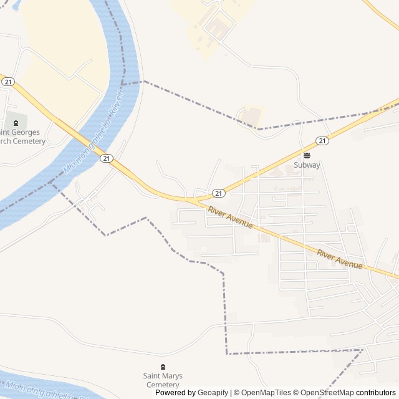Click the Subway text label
click(307, 165)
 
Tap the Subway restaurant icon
click(307, 155)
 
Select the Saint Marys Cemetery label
click(163, 380)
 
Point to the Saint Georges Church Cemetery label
click(22, 137)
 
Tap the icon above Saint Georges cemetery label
click(16, 122)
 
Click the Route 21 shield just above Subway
click(322, 141)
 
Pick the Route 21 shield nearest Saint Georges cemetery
click(7, 81)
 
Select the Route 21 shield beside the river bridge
click(107, 159)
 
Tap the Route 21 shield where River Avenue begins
click(218, 193)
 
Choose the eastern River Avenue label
click(340, 259)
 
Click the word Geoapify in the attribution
click(213, 393)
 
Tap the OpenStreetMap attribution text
click(327, 393)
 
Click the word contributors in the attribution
click(376, 393)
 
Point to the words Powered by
click(175, 393)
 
